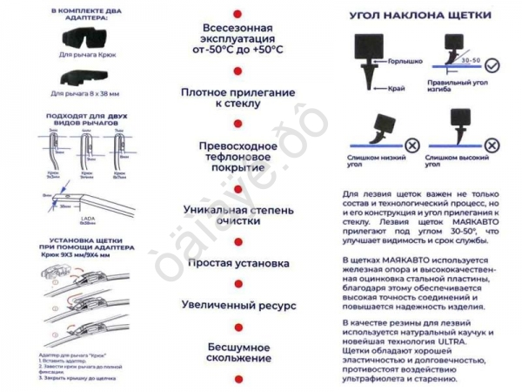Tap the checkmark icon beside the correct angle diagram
click(x=492, y=65)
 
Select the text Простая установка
click(x=238, y=263)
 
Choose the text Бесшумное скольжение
click(x=238, y=352)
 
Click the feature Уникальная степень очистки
click(x=238, y=215)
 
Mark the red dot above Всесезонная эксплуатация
click(x=238, y=13)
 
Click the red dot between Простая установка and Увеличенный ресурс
click(x=238, y=284)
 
